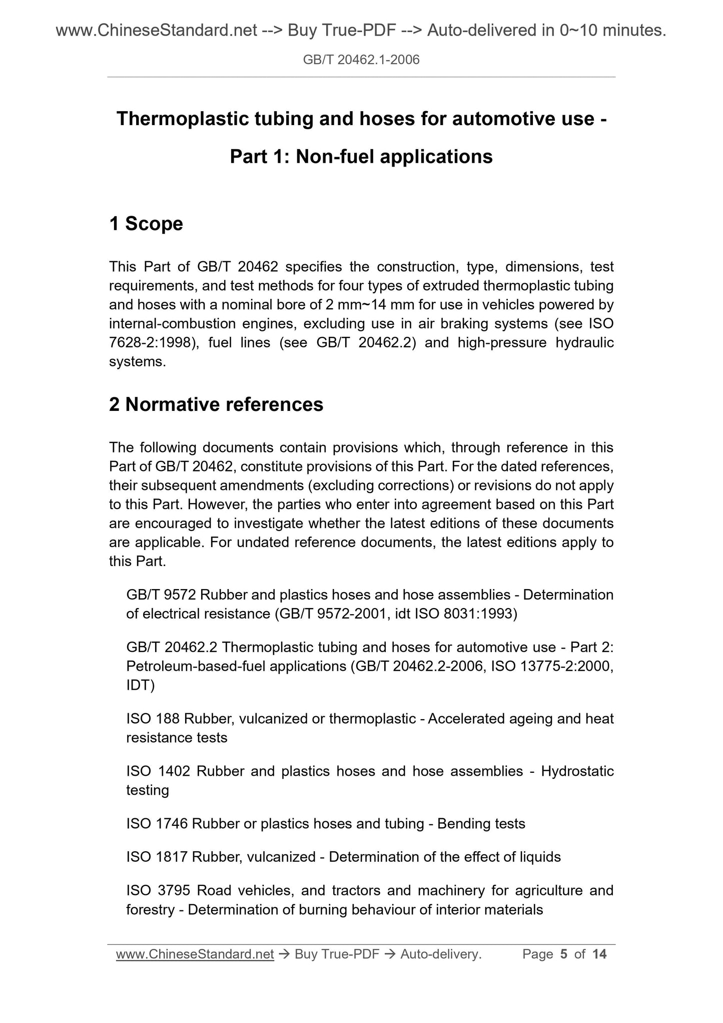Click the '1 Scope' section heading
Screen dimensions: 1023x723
coord(146,224)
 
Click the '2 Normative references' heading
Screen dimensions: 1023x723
coord(216,404)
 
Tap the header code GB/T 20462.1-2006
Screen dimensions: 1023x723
coord(361,60)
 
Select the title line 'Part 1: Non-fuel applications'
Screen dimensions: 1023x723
coord(361,157)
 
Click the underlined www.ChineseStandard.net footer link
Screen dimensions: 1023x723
coord(195,954)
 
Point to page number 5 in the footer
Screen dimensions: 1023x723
coord(564,954)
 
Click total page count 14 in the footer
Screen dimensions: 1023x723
coord(599,954)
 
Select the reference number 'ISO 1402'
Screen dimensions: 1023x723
coord(158,771)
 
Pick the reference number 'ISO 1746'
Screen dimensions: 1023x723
coord(157,824)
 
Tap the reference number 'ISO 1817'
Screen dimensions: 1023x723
coord(157,857)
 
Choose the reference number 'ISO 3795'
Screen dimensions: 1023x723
coord(158,891)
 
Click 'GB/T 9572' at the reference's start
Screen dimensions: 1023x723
coord(161,595)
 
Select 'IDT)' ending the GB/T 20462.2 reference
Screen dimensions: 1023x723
coord(141,685)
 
